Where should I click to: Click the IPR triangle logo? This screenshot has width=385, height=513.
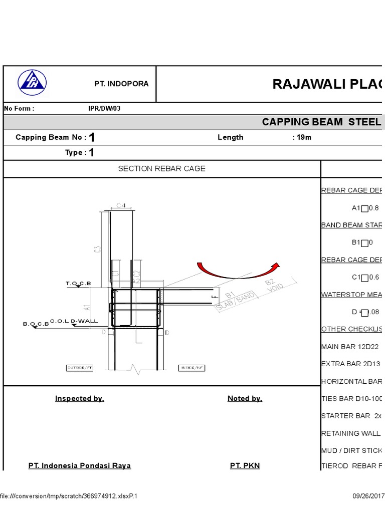pyautogui.click(x=32, y=83)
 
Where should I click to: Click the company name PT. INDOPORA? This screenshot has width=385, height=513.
pyautogui.click(x=121, y=84)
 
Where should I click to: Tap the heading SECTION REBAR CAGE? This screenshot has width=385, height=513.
pyautogui.click(x=161, y=169)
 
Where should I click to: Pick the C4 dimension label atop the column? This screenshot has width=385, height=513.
pyautogui.click(x=121, y=204)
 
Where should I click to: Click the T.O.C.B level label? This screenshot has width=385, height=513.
pyautogui.click(x=79, y=284)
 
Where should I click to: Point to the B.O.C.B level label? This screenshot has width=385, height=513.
pyautogui.click(x=36, y=324)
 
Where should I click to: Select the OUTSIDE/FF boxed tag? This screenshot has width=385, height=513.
pyautogui.click(x=80, y=368)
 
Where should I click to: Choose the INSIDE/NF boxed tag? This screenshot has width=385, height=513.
pyautogui.click(x=193, y=368)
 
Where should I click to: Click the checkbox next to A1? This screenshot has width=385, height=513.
pyautogui.click(x=364, y=208)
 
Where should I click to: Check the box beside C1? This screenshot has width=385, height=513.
pyautogui.click(x=364, y=278)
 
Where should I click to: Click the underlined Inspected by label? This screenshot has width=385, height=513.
pyautogui.click(x=80, y=399)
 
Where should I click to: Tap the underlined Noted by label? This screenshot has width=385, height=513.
pyautogui.click(x=245, y=399)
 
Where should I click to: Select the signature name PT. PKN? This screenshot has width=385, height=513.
pyautogui.click(x=245, y=466)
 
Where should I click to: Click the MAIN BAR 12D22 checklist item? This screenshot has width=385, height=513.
pyautogui.click(x=351, y=347)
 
